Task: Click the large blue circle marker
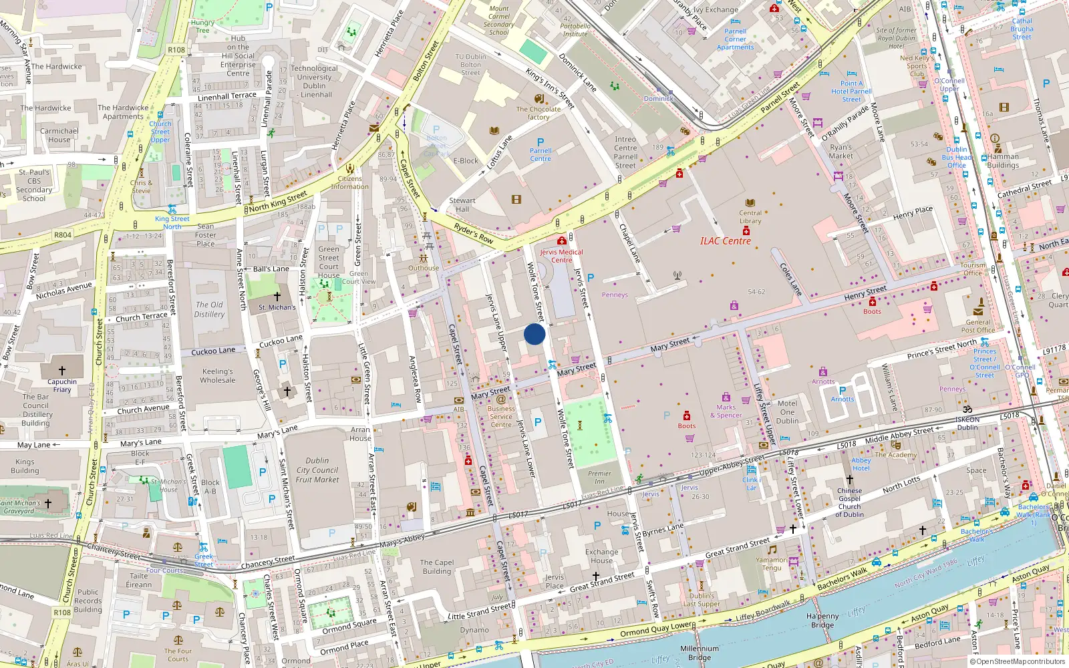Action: pyautogui.click(x=534, y=334)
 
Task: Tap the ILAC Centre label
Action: pyautogui.click(x=725, y=241)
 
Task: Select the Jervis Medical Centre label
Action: pyautogui.click(x=561, y=256)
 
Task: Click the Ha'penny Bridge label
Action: pyautogui.click(x=822, y=621)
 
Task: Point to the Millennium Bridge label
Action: pyautogui.click(x=700, y=653)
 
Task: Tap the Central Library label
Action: pyautogui.click(x=750, y=217)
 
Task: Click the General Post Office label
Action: pyautogui.click(x=978, y=326)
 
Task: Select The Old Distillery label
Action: pyautogui.click(x=209, y=309)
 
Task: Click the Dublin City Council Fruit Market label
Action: pyautogui.click(x=317, y=470)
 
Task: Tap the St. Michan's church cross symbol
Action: pyautogui.click(x=277, y=296)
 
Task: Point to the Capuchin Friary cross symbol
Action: pyautogui.click(x=62, y=370)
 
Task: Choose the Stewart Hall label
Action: pyautogui.click(x=462, y=204)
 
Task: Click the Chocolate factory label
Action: pyautogui.click(x=539, y=113)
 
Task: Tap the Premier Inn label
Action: pyautogui.click(x=599, y=477)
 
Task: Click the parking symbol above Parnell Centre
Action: pyautogui.click(x=541, y=142)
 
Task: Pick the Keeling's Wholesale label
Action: pyautogui.click(x=218, y=375)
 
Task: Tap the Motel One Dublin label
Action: pyautogui.click(x=787, y=411)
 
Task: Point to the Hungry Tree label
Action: pyautogui.click(x=202, y=26)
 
